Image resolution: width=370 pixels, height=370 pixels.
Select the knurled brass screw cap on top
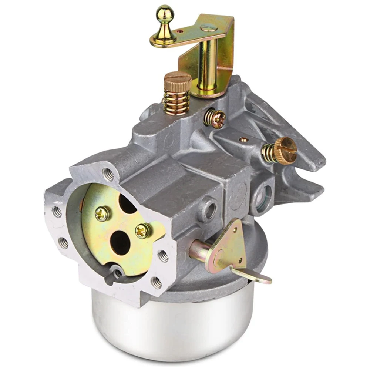(178, 79)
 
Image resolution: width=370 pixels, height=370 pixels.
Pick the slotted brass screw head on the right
(287, 149)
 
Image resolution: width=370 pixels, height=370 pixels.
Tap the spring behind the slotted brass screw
(270, 152)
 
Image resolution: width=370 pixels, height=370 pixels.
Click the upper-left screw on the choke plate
(102, 213)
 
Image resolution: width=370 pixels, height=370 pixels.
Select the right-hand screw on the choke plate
(143, 231)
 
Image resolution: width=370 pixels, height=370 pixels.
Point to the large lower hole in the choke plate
(121, 243)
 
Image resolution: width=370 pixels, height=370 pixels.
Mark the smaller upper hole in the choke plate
(127, 204)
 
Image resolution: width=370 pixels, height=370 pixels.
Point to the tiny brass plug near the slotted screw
(243, 139)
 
